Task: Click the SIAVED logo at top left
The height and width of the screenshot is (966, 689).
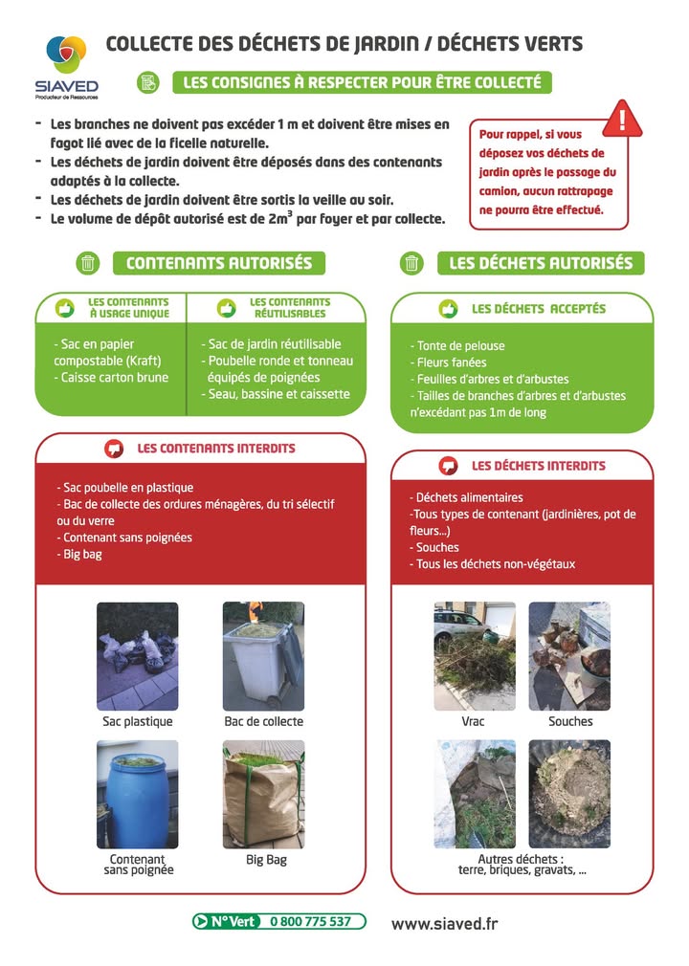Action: tap(66, 67)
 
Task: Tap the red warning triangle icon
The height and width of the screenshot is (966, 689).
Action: tap(623, 120)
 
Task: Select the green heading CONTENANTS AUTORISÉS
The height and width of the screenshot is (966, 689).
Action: tap(219, 263)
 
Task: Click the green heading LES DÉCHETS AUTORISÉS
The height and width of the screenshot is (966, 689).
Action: tap(541, 263)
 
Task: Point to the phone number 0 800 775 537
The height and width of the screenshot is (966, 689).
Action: tap(310, 921)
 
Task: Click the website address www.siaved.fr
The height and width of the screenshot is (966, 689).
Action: tap(444, 923)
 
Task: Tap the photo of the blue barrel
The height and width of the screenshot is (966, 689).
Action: tap(137, 794)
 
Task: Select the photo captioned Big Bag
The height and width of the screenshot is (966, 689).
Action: tap(264, 794)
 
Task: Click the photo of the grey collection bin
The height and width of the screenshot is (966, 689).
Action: tap(263, 656)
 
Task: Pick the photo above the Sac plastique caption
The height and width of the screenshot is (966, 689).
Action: tap(137, 656)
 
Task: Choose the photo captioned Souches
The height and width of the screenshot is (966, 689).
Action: tap(569, 656)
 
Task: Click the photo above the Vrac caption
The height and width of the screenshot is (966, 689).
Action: tap(474, 656)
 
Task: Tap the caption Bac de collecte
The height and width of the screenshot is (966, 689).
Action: tap(264, 721)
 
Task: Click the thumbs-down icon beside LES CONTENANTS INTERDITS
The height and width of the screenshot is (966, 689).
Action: tap(114, 448)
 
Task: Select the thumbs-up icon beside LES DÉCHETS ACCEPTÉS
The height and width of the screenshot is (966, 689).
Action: tap(447, 309)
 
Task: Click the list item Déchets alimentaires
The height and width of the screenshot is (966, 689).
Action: tap(468, 497)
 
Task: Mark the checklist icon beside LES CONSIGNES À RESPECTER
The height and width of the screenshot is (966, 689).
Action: tap(147, 82)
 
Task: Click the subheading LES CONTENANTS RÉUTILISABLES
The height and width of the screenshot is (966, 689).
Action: tap(289, 307)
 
